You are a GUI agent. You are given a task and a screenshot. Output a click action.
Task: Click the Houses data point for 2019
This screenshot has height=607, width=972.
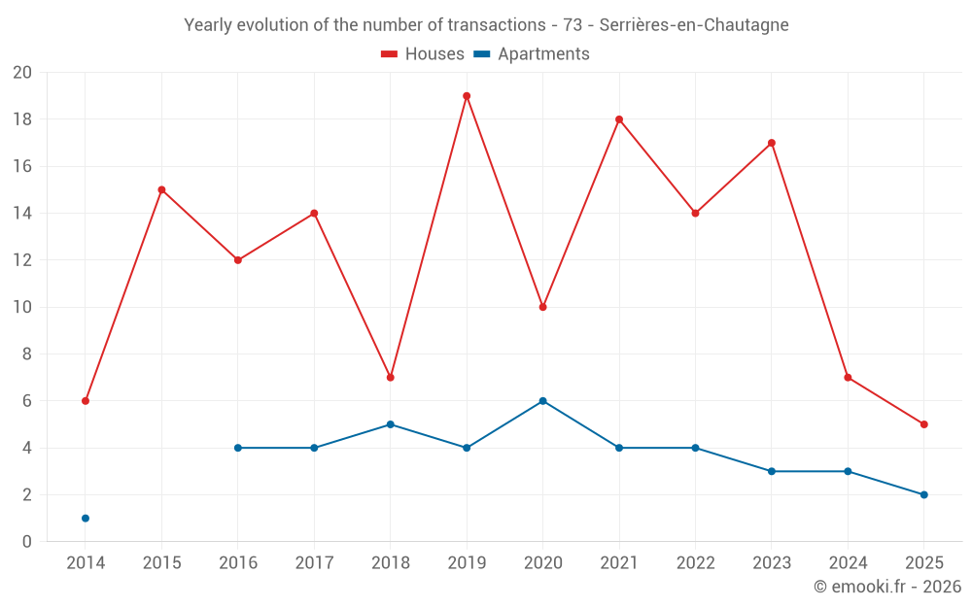tap(467, 96)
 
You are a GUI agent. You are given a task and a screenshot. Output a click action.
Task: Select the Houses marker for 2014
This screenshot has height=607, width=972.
tap(86, 401)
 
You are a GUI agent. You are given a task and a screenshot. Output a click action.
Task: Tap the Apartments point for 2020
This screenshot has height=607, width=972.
tap(542, 401)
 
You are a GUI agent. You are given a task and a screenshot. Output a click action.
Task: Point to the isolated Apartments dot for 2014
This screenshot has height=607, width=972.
tap(86, 519)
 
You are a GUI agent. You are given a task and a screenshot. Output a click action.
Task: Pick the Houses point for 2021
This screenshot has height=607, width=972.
tap(619, 119)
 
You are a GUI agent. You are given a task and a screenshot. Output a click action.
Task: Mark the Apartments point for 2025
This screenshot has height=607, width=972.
tap(923, 495)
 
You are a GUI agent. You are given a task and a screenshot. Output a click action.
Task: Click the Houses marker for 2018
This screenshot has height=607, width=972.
tap(390, 378)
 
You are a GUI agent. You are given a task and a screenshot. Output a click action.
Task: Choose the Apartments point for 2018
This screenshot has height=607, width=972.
tap(390, 424)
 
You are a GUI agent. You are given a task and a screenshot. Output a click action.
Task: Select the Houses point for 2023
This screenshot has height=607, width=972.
tap(772, 143)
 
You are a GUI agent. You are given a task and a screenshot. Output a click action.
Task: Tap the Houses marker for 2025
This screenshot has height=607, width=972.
tap(923, 424)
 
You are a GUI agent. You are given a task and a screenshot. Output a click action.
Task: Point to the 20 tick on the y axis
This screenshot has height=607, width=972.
tap(22, 73)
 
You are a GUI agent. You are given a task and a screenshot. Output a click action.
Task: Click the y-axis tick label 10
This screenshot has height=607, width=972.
tap(22, 308)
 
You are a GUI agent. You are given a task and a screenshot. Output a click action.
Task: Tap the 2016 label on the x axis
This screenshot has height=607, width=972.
tap(238, 563)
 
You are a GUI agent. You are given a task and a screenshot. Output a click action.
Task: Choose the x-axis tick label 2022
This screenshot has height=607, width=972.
tap(695, 563)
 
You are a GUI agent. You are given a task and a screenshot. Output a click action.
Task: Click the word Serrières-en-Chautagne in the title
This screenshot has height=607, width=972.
tap(694, 24)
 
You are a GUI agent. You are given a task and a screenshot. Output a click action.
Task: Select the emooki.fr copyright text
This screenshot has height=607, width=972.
tap(887, 587)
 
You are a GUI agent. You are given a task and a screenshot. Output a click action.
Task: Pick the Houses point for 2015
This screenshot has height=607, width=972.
tap(161, 189)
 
